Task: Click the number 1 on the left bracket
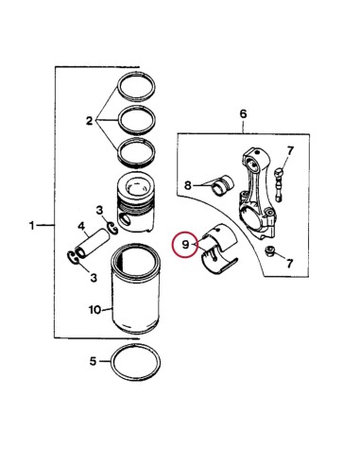click(x=33, y=227)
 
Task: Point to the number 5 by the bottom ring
click(x=93, y=360)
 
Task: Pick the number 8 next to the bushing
click(x=189, y=185)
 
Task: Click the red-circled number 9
click(x=185, y=245)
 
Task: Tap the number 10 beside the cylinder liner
click(x=94, y=308)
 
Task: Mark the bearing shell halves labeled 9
click(x=219, y=250)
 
